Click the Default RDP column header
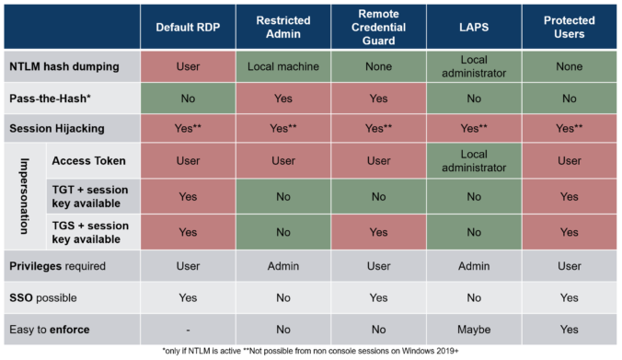(x=188, y=28)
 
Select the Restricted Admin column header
(x=283, y=28)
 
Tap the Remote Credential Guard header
(x=378, y=28)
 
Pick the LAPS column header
(x=474, y=28)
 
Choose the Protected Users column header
(x=569, y=28)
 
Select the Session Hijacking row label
(x=56, y=128)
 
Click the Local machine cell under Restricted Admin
(x=283, y=66)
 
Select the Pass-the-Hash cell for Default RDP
(x=188, y=97)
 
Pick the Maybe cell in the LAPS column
(x=474, y=328)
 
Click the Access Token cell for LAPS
(x=474, y=160)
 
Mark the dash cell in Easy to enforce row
(x=188, y=328)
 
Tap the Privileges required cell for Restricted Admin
(x=283, y=266)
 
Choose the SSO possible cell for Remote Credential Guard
(x=378, y=297)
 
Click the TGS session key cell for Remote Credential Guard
(x=378, y=232)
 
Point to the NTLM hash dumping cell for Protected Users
(x=569, y=66)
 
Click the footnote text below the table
(x=311, y=352)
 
